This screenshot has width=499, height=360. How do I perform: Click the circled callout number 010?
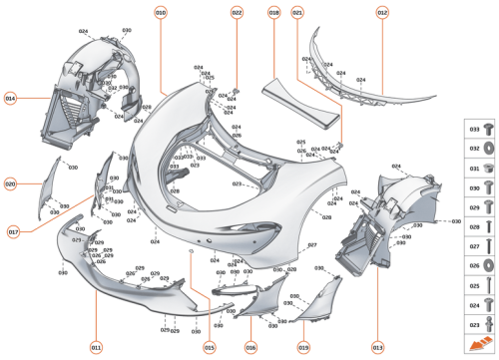click(161, 12)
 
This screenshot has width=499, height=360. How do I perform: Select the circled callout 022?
click(237, 12)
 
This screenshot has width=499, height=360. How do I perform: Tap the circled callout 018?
click(273, 12)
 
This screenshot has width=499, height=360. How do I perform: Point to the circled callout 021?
click(297, 12)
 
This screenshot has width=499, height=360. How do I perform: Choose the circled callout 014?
click(11, 98)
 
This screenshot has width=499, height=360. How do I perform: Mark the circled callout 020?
click(11, 184)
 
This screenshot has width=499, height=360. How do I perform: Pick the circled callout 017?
click(14, 231)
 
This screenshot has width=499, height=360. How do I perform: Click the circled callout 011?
click(96, 347)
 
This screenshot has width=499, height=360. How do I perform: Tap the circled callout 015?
click(210, 347)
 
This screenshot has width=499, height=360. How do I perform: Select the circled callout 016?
click(250, 347)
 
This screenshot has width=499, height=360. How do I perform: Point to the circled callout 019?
click(303, 347)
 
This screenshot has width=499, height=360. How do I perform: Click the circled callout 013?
click(378, 347)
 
